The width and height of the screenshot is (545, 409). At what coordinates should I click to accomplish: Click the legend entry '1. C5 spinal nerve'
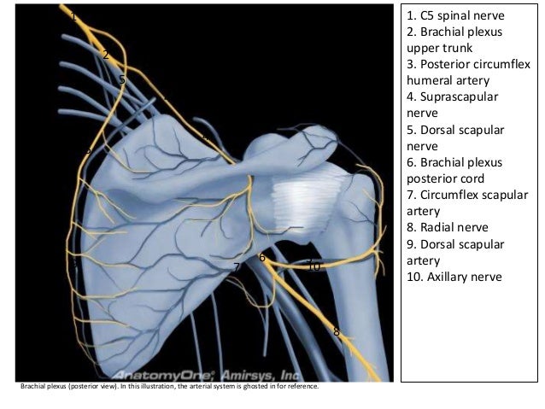pyautogui.click(x=456, y=16)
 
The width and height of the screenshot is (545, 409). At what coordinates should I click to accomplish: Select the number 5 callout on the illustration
pyautogui.click(x=122, y=79)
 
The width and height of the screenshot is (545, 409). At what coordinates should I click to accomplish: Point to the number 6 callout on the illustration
pyautogui.click(x=261, y=257)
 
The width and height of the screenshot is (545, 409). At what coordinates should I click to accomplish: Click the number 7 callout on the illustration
pyautogui.click(x=237, y=267)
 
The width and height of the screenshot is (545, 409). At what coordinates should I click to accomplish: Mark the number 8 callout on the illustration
pyautogui.click(x=337, y=331)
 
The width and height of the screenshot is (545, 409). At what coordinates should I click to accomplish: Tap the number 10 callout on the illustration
pyautogui.click(x=314, y=267)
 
